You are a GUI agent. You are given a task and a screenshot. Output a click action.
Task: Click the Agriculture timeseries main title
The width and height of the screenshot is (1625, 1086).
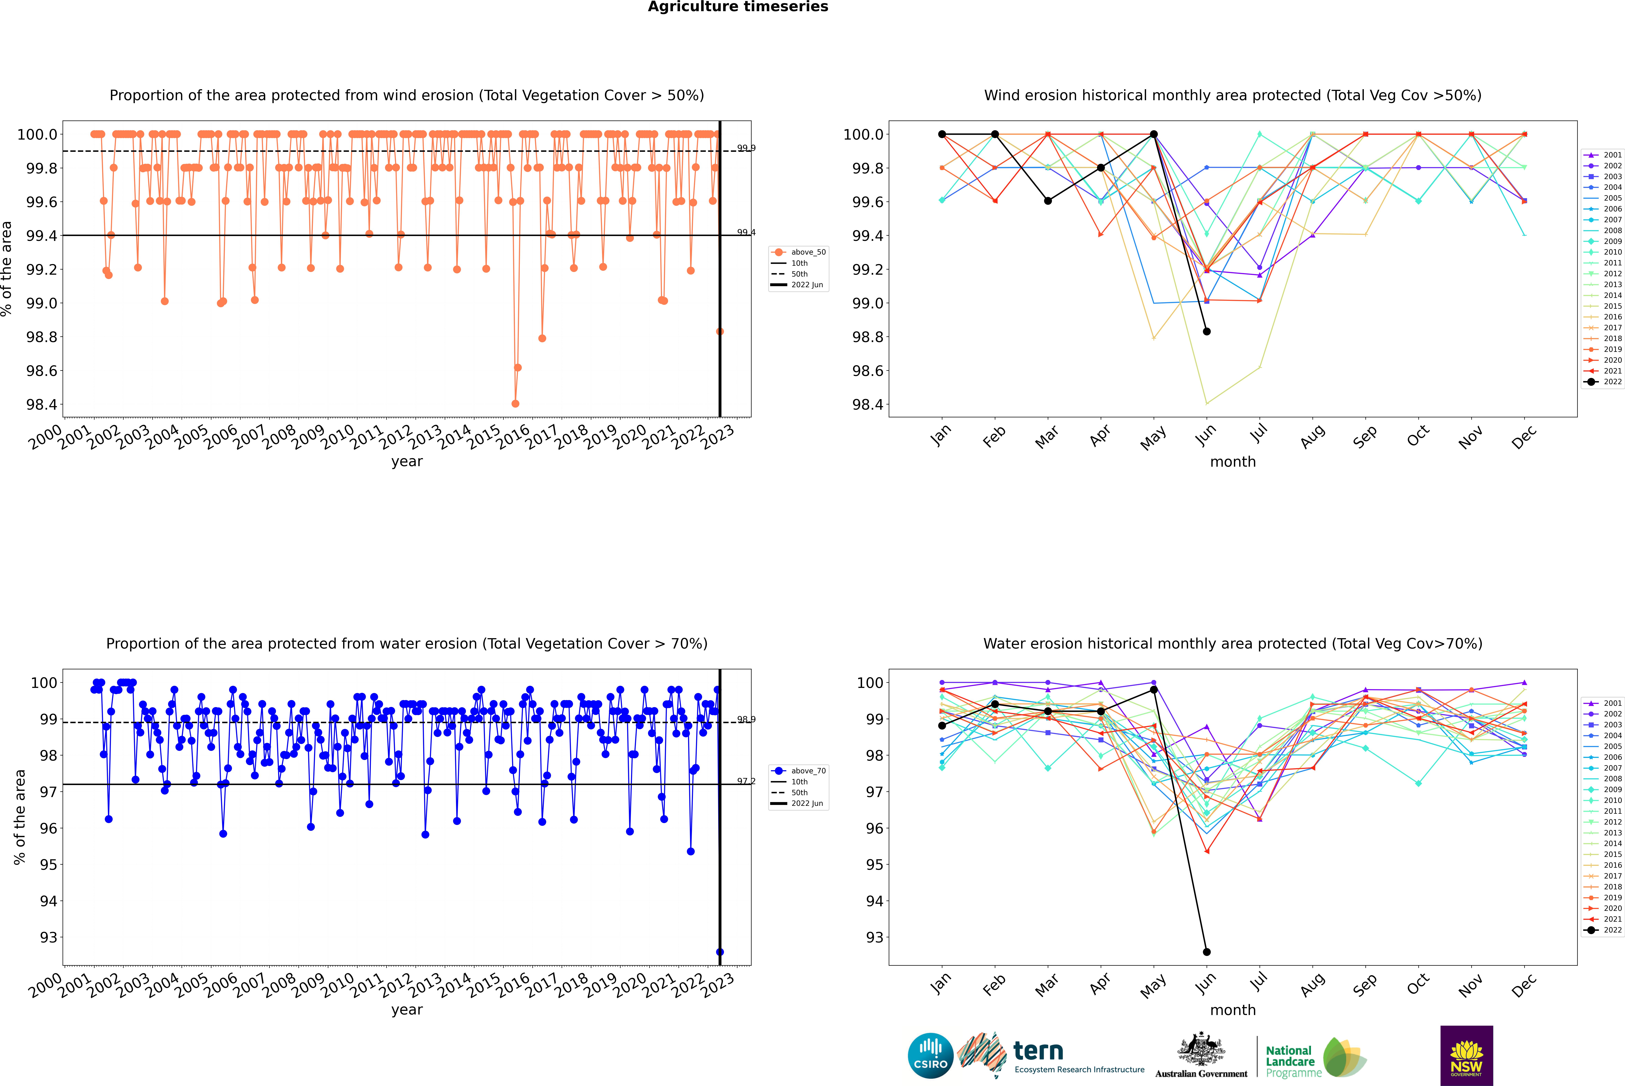738,7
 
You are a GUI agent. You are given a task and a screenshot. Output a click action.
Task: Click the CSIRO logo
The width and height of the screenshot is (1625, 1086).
930,1056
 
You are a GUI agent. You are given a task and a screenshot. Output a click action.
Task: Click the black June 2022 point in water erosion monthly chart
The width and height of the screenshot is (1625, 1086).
1207,952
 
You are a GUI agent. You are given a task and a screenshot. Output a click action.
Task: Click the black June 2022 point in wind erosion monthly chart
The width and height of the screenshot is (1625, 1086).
1207,331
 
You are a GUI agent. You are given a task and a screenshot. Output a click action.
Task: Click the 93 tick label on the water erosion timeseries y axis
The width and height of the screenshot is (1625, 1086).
48,937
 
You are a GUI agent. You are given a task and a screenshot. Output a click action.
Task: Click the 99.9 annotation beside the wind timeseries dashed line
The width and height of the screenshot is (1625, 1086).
746,148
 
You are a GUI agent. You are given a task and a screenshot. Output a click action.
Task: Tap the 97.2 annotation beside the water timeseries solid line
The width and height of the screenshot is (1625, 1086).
746,781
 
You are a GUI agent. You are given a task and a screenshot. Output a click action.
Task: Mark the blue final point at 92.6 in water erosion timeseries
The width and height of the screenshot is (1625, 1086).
720,952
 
